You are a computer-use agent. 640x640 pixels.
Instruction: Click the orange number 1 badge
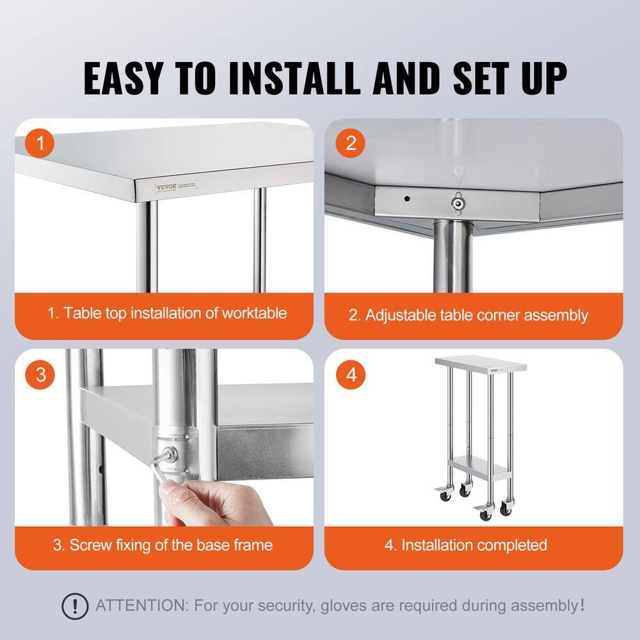point(41,143)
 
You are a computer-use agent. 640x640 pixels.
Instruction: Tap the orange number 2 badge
point(351,143)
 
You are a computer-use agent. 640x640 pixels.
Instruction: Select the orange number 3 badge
point(41,374)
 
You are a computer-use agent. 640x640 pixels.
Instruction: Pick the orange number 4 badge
point(351,374)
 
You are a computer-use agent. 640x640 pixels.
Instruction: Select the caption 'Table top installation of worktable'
point(167,314)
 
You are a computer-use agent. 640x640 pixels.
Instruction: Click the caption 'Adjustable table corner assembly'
point(468,315)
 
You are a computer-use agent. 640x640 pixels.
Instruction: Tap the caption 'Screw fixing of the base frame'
point(163,545)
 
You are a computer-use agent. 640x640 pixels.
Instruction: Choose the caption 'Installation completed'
point(466,545)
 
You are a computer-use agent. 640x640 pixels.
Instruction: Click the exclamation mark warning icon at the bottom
point(75,605)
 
